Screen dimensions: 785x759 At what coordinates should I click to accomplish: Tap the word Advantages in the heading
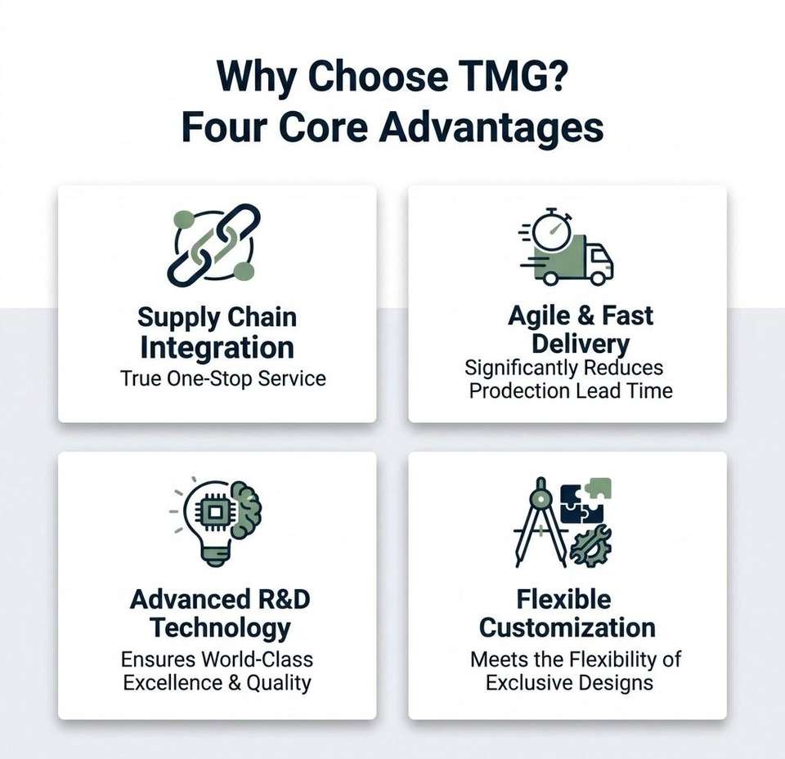click(491, 127)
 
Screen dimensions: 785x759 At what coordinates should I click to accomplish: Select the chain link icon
click(214, 244)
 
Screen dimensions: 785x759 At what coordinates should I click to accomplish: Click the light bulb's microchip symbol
click(215, 511)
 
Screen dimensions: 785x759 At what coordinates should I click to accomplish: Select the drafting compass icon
click(541, 522)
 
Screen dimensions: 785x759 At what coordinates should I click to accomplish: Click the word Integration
click(217, 348)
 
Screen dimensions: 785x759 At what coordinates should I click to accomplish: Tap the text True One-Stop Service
click(222, 378)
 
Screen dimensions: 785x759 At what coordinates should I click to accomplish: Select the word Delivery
click(581, 344)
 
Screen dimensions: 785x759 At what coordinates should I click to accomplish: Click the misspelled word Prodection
click(518, 391)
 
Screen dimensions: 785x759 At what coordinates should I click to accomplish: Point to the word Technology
click(220, 628)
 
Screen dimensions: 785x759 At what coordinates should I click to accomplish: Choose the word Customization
click(567, 627)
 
